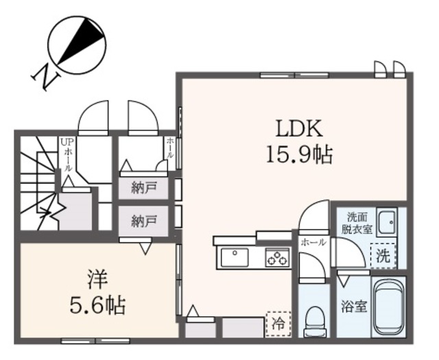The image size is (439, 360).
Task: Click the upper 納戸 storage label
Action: pos(145,187)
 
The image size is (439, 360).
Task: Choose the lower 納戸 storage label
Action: pos(145,221)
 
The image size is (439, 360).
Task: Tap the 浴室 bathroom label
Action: pos(353,306)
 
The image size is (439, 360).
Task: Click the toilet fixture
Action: pos(316,319)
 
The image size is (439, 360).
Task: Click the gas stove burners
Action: pos(278,258)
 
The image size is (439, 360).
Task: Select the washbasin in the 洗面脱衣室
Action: pos(388,222)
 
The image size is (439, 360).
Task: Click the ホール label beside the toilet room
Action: pos(313,242)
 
